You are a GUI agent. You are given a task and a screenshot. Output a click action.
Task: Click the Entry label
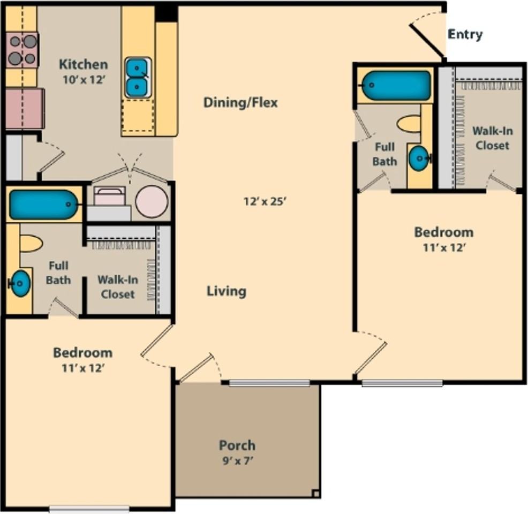click(x=465, y=35)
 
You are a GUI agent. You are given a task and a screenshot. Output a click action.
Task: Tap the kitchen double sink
click(x=138, y=78)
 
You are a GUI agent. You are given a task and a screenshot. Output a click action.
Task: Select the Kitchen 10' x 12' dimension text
click(x=84, y=80)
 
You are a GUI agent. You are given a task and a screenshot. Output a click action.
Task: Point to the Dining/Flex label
click(x=241, y=102)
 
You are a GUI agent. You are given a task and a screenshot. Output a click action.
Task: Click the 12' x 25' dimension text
click(x=265, y=201)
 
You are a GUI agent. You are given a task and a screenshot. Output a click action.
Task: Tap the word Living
click(x=227, y=291)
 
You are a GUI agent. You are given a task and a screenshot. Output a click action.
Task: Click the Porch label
click(x=237, y=445)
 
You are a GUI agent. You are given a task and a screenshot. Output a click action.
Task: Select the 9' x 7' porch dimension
click(x=237, y=460)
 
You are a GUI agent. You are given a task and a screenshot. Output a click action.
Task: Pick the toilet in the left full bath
click(x=31, y=244)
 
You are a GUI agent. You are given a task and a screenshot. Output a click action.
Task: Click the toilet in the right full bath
click(x=409, y=124)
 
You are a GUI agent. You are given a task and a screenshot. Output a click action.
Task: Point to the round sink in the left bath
click(x=20, y=283)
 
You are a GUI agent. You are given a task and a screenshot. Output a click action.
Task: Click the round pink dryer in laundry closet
click(x=152, y=202)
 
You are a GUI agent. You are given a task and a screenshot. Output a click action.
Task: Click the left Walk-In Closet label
click(x=118, y=287)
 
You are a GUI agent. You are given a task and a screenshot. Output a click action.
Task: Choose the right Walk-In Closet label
click(x=492, y=138)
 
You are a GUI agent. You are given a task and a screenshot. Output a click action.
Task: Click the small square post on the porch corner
click(x=315, y=494)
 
